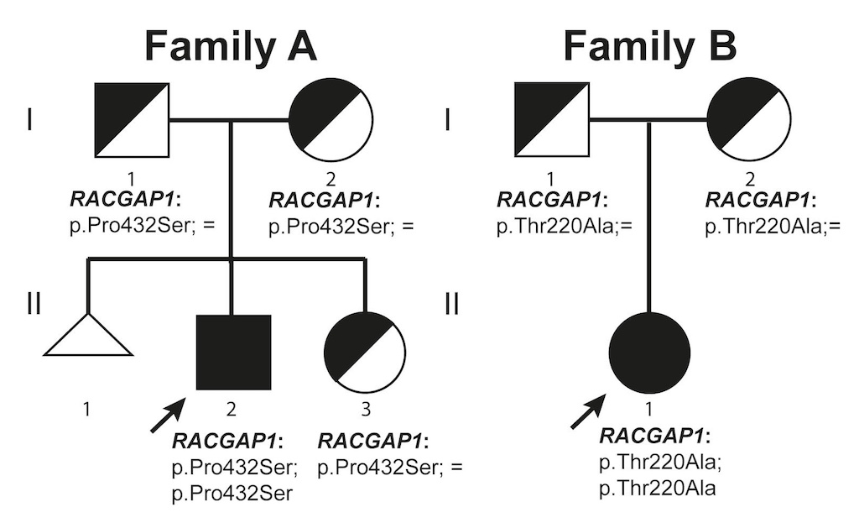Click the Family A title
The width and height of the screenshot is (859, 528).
[x=230, y=45]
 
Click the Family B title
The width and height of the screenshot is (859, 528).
[x=649, y=45]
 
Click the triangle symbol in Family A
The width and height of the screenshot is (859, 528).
[x=87, y=337]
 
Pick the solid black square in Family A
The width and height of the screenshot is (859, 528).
[x=233, y=352]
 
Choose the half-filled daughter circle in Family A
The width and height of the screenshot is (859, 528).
[x=364, y=353]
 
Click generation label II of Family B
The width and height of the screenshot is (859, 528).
[x=451, y=303]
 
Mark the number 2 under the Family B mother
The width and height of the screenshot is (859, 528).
[x=750, y=178]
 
